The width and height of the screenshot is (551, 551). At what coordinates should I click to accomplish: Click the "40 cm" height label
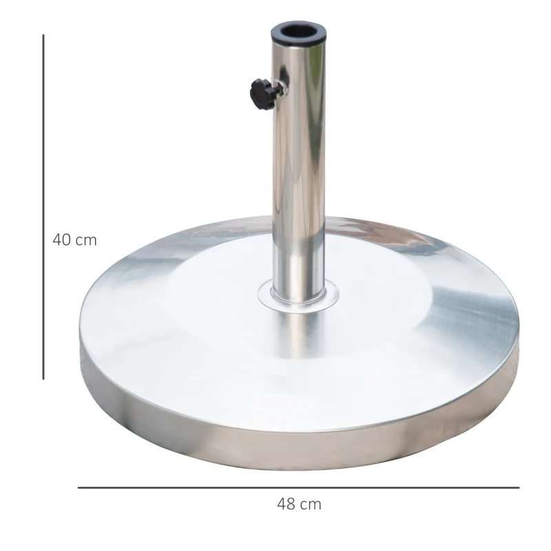tap(74, 240)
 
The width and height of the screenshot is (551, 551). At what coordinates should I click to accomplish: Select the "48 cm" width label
tap(299, 504)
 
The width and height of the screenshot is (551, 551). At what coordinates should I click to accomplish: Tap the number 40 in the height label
tap(63, 240)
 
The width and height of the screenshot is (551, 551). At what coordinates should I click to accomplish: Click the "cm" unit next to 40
tap(86, 240)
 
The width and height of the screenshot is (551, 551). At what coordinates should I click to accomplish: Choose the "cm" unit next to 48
tap(311, 504)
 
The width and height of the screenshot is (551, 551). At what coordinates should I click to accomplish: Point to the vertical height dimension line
tap(43, 207)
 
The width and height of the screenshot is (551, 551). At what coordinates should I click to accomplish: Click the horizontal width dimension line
tap(298, 488)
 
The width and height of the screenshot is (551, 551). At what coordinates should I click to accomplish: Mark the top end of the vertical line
tap(43, 36)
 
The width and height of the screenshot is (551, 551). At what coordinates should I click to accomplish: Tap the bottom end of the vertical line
tap(43, 378)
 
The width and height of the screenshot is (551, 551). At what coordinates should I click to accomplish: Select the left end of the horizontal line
tap(79, 488)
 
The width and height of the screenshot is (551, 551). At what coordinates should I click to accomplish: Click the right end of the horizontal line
tap(519, 488)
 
